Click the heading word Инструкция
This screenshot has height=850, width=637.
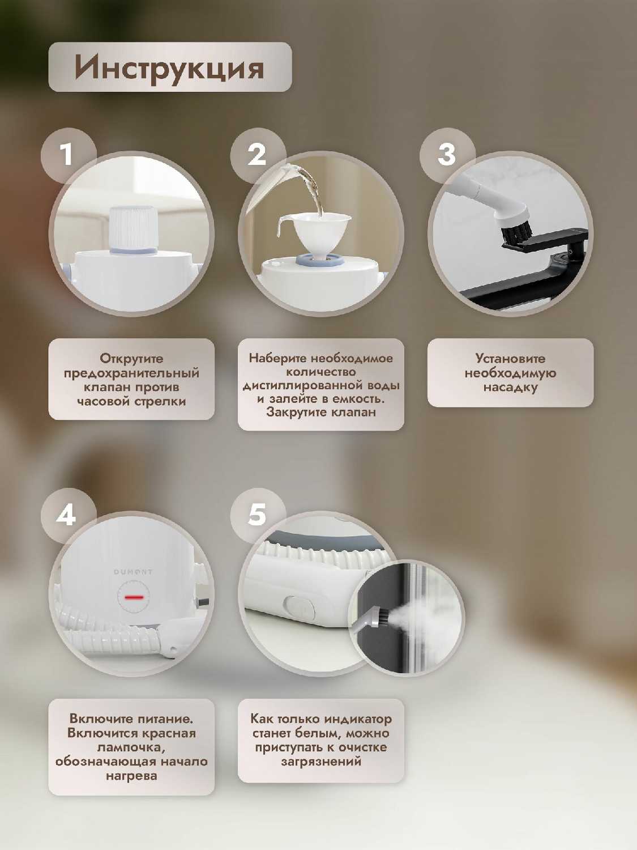click(x=169, y=68)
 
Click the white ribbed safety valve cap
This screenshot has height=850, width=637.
click(x=134, y=228)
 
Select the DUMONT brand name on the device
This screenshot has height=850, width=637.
click(x=133, y=572)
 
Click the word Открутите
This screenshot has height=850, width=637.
click(x=131, y=358)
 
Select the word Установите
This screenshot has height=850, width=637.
click(x=510, y=358)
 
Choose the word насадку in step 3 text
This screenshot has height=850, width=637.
click(x=510, y=387)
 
